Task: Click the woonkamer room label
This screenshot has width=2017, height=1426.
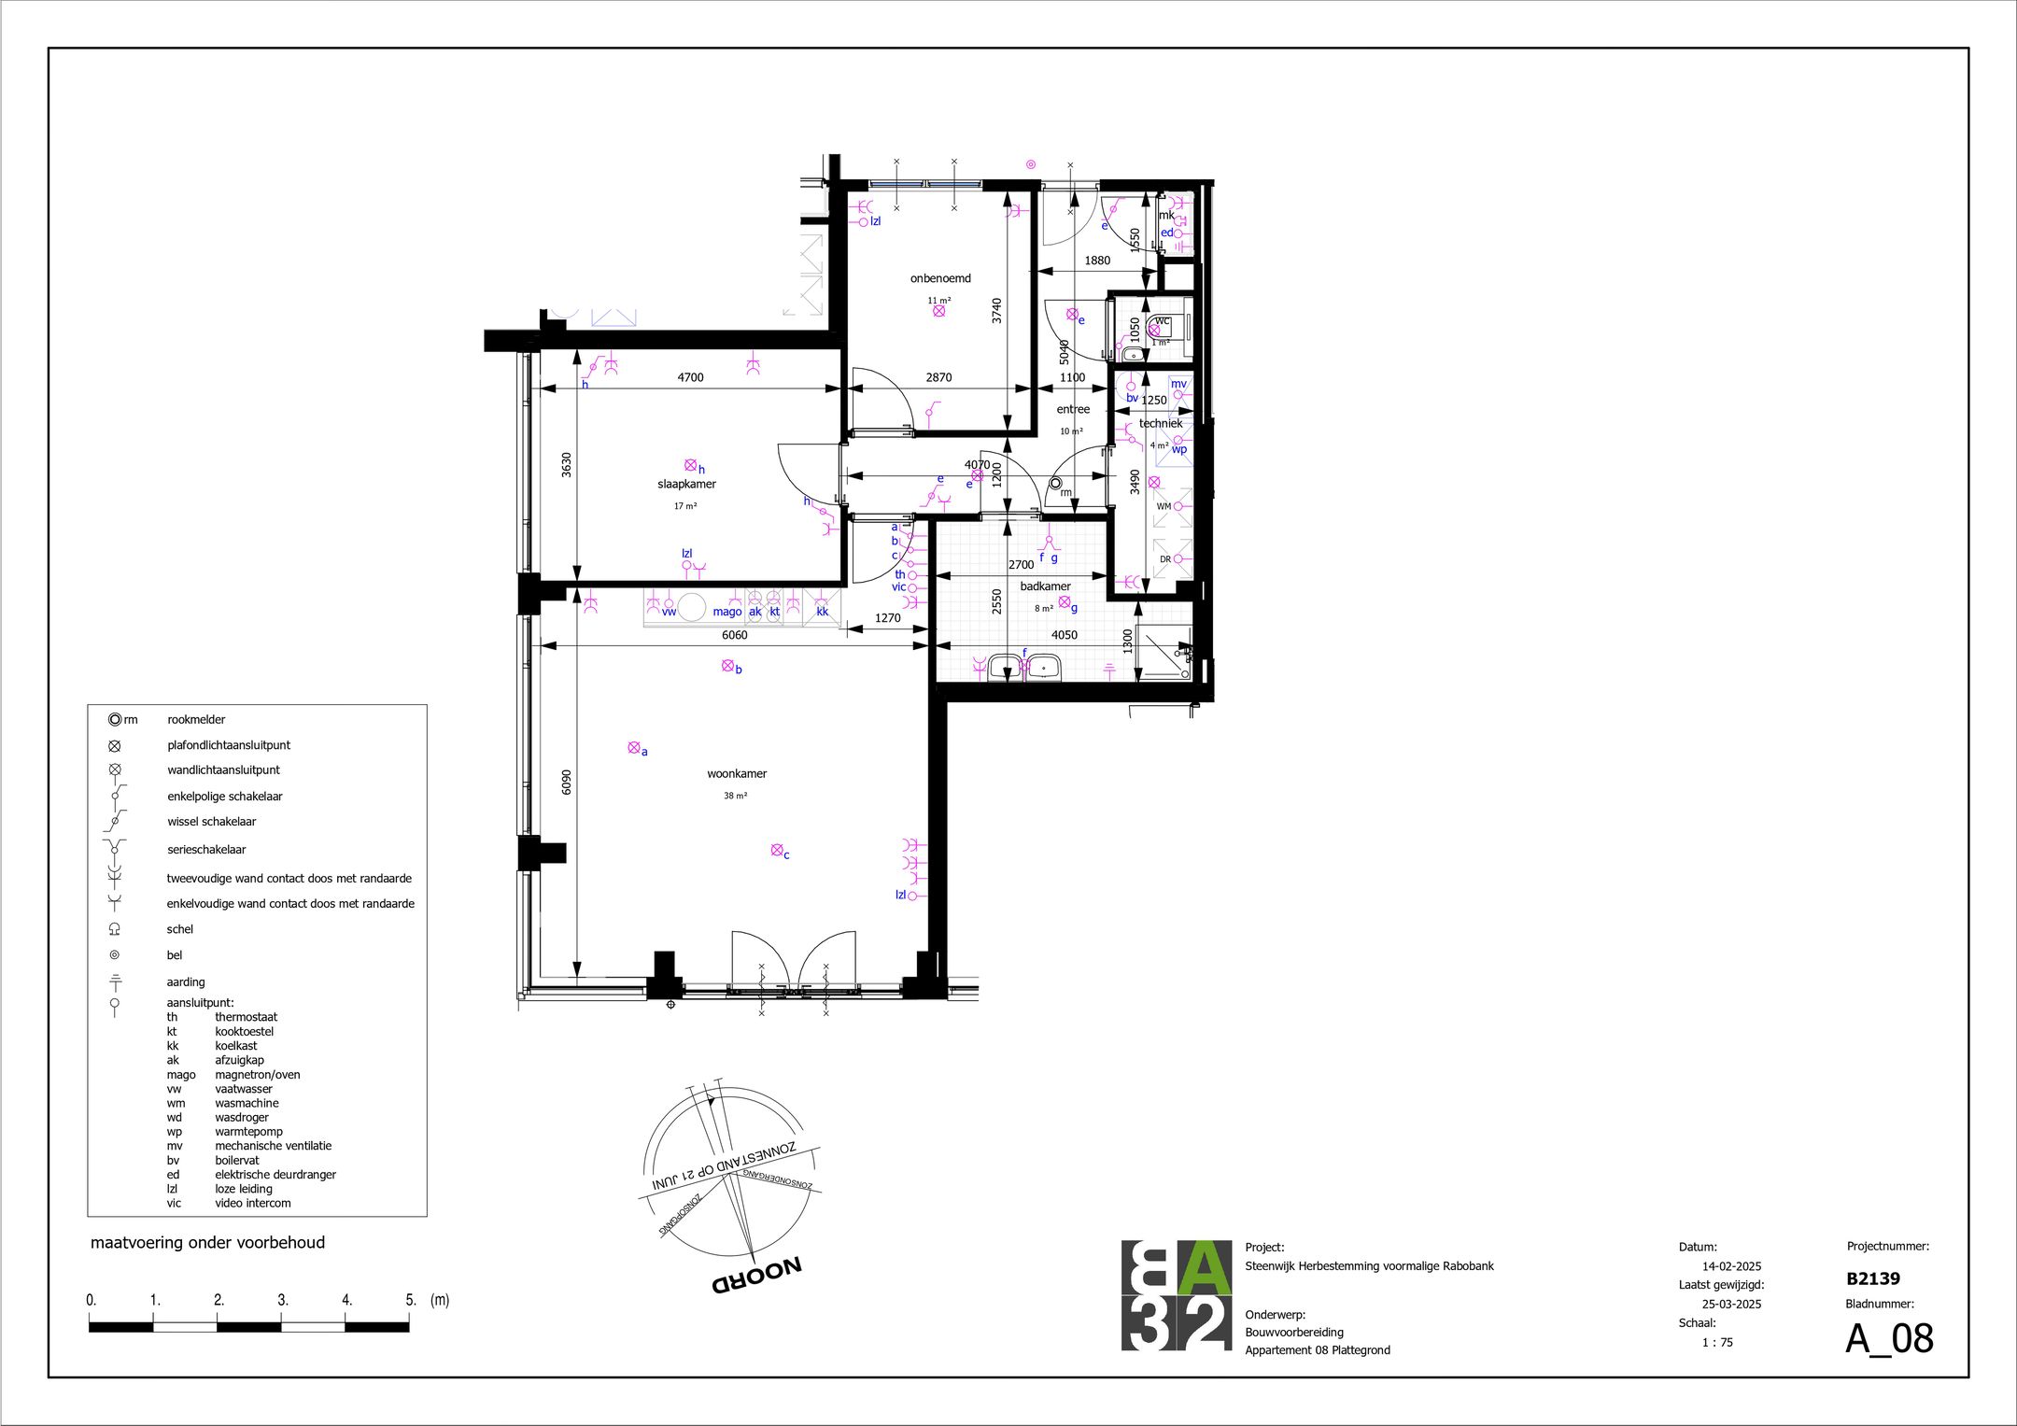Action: point(737,774)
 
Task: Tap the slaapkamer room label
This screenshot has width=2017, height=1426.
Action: point(686,485)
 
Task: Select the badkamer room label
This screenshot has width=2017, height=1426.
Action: point(1045,586)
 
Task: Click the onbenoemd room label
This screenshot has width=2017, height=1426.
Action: point(940,278)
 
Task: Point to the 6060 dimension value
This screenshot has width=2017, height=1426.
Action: point(734,635)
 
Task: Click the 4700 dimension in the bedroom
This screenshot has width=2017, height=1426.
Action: point(690,377)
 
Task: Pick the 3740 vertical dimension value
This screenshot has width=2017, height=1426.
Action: point(996,310)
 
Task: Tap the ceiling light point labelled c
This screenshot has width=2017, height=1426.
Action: point(777,850)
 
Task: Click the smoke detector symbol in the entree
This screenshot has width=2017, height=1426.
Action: point(1055,484)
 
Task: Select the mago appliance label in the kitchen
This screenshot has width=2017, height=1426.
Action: point(726,612)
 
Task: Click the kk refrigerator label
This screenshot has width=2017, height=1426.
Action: point(823,612)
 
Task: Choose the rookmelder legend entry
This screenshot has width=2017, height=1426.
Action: point(196,720)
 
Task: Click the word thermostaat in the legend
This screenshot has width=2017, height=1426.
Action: point(246,1017)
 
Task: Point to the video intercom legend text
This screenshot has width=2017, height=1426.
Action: point(252,1203)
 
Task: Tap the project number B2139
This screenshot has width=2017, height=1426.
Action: point(1872,1278)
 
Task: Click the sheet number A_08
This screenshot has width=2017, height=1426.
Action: point(1888,1338)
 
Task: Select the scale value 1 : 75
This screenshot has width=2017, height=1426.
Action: point(1716,1342)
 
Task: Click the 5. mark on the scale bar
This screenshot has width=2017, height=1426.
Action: point(410,1300)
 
